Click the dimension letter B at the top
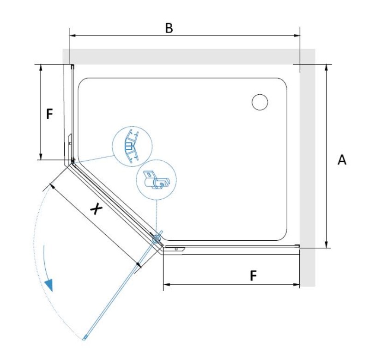pos(169,28)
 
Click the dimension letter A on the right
pos(342,160)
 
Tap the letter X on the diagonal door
pos(96,209)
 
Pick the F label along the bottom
pos(253,276)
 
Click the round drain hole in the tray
pos(260,102)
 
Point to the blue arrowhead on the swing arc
pos(49,285)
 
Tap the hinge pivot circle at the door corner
pos(157,238)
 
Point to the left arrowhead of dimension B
pos(72,35)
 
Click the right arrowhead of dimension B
pos(297,35)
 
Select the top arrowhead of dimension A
pos(327,67)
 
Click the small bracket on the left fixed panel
pos(70,140)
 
